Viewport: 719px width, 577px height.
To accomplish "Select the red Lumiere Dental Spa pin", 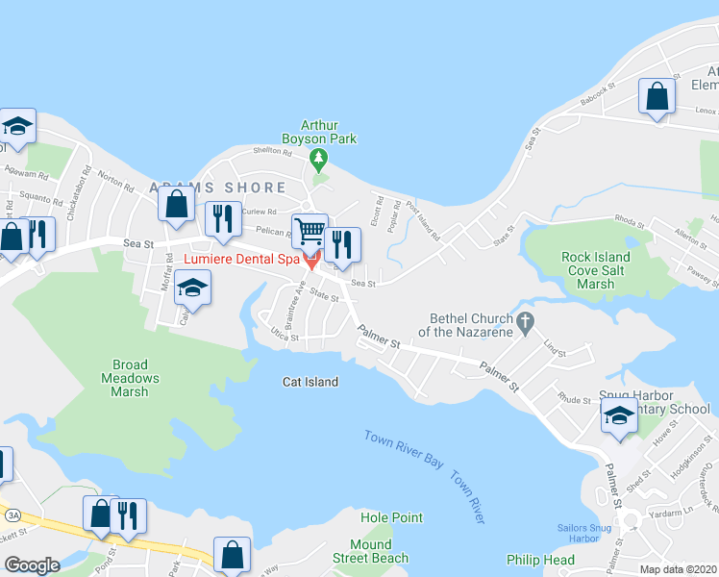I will coord(311,262).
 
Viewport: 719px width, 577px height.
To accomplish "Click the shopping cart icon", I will coord(310,231).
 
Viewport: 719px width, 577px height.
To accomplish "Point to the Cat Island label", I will coord(310,382).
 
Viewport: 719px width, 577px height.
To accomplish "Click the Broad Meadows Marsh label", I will coord(129,378).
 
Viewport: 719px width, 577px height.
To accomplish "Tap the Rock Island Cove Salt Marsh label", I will coord(596,270).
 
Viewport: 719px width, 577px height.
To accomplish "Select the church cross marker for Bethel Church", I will coord(525,323).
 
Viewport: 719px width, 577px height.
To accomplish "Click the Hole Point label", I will coord(391,517).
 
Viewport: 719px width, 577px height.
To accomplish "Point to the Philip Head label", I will coord(540,560).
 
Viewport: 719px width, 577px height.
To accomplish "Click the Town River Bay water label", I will coord(404,450).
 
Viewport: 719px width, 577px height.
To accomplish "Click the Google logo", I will coord(32,565).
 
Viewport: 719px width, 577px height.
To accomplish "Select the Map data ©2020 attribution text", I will coord(679,569).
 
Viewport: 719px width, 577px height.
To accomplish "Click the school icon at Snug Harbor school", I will coord(619,416).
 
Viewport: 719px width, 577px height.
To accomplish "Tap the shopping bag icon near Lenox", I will coord(657,96).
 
